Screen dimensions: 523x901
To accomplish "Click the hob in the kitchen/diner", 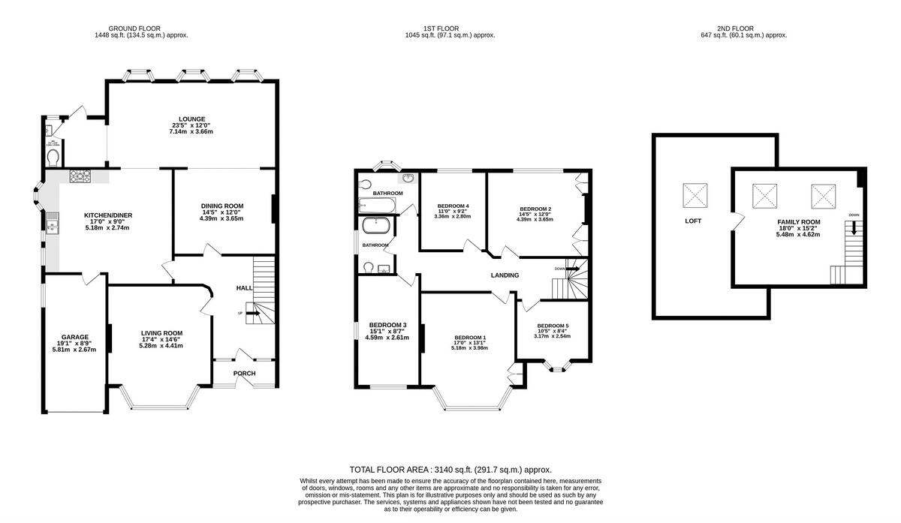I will click(x=80, y=177).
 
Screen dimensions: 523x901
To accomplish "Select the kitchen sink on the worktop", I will click(x=52, y=222).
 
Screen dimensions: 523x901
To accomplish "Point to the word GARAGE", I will click(x=75, y=337).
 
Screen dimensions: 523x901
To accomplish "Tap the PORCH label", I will click(x=244, y=373).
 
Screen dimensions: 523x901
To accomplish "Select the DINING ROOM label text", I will click(x=222, y=206).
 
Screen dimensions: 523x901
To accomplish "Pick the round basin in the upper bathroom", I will click(x=408, y=179).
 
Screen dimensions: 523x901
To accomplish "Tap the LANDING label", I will click(x=505, y=275).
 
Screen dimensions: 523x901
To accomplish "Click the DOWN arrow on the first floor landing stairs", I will click(x=569, y=269).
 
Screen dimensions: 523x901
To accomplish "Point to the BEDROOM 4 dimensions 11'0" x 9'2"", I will click(x=454, y=212).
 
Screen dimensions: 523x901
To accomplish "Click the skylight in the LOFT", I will click(x=694, y=195).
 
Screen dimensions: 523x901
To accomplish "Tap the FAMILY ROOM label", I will click(x=798, y=222).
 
